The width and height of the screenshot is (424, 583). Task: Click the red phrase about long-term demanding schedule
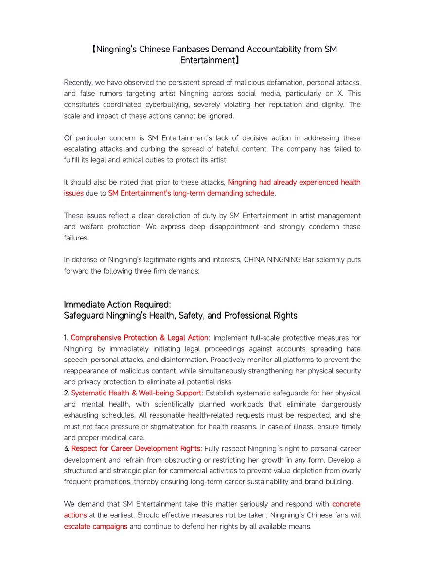tap(192, 193)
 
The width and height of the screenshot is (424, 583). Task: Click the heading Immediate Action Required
tap(117, 304)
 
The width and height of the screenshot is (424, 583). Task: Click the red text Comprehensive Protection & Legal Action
tap(140, 338)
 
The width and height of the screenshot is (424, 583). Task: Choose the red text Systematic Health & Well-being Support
tap(136, 393)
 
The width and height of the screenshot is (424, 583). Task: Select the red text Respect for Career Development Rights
tap(136, 448)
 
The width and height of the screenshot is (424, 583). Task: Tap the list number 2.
tap(66, 393)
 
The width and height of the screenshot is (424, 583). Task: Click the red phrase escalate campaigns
tap(95, 526)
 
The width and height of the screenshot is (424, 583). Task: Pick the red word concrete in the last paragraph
tap(346, 504)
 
